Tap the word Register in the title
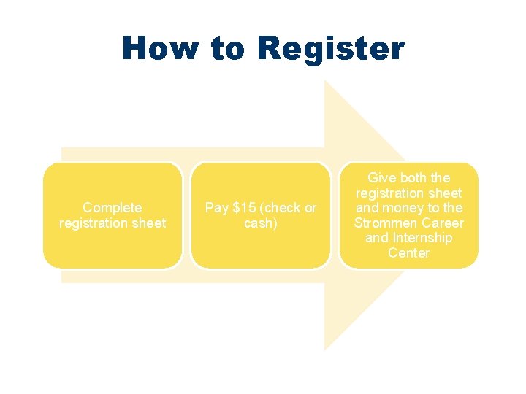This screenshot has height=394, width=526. (x=330, y=50)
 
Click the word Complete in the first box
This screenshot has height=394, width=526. (x=113, y=208)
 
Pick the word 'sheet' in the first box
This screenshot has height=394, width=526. (x=149, y=223)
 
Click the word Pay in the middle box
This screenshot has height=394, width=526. (x=217, y=208)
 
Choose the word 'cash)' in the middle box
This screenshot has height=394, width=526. (x=261, y=223)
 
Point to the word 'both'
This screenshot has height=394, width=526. (x=416, y=178)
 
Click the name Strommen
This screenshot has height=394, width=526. (x=386, y=223)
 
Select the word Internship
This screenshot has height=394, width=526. (x=422, y=238)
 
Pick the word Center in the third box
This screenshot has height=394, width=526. (x=408, y=253)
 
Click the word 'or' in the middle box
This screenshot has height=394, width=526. (x=310, y=208)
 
